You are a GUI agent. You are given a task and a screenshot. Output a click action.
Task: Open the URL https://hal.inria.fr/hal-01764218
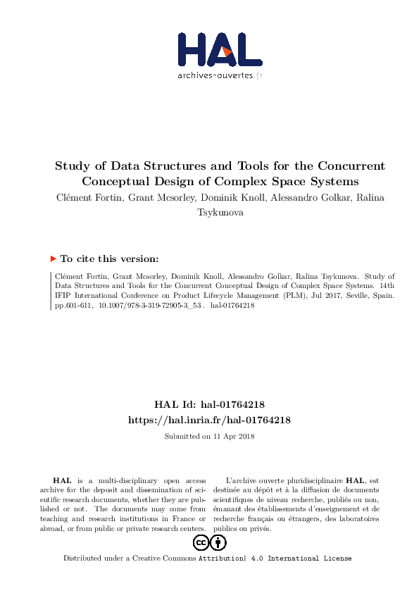209,419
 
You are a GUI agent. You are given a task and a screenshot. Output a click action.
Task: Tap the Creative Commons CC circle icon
200,542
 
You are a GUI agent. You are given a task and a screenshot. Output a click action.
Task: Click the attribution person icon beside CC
218,542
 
